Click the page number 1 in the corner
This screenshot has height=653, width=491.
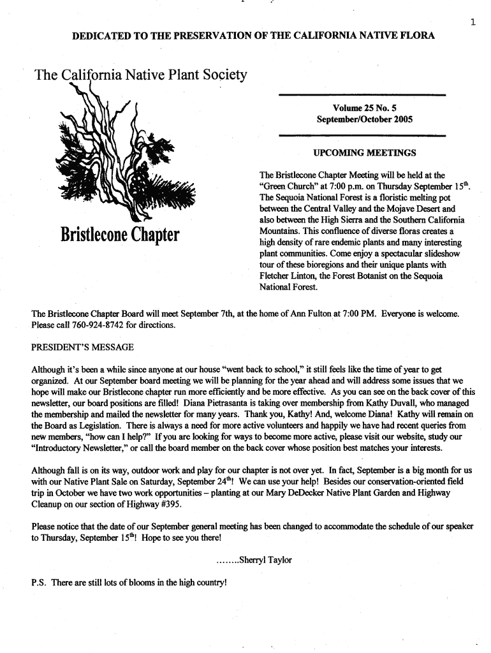pos(473,23)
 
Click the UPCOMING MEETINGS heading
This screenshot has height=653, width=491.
pos(364,153)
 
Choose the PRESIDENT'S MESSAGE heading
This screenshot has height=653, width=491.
pos(82,348)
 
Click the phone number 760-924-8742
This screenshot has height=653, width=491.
pos(97,325)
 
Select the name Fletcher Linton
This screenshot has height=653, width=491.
pos(286,276)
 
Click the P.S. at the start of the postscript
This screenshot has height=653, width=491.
pos(40,582)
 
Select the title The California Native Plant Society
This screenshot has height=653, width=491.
pos(141,76)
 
